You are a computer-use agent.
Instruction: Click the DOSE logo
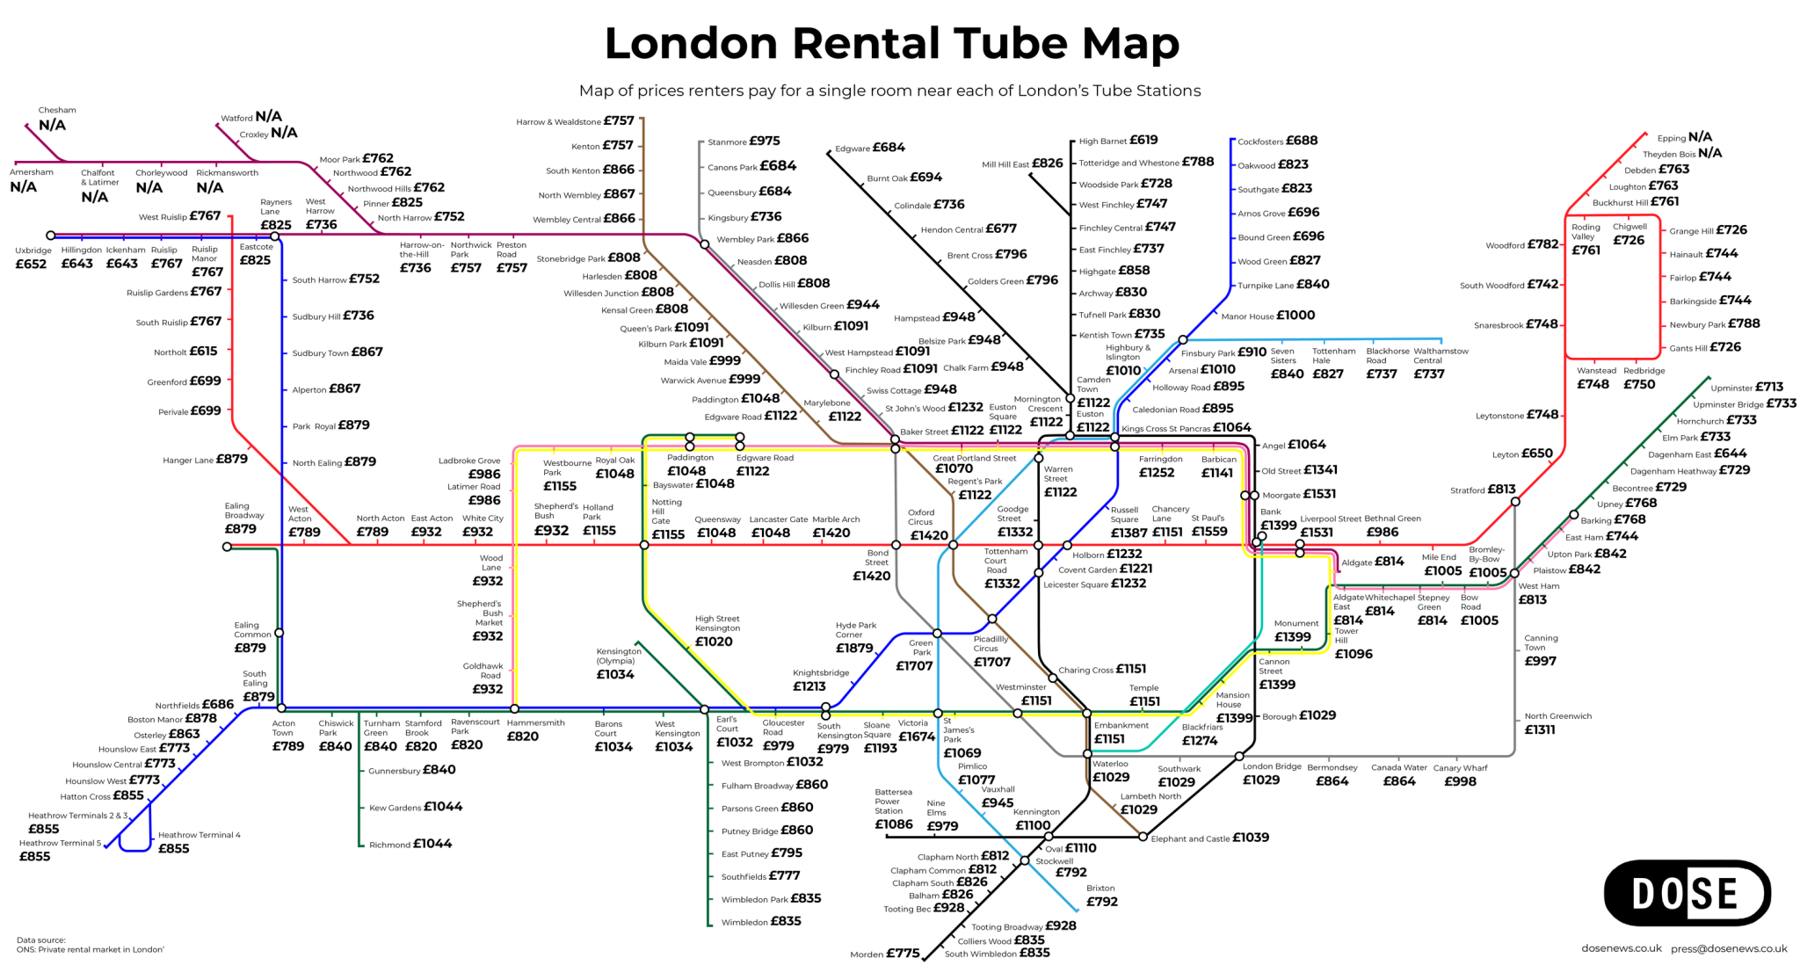coord(1686,893)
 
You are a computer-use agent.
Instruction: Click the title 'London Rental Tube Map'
coord(891,43)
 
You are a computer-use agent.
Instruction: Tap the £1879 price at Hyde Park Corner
coord(853,649)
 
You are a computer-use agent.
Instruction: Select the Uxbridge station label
coord(33,250)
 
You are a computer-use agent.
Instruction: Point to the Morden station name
coord(867,954)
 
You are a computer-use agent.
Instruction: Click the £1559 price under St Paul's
coord(1209,532)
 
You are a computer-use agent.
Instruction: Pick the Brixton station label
coord(1100,889)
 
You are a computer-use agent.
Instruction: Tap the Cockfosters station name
coord(1261,142)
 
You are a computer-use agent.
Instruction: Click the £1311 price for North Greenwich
coord(1539,729)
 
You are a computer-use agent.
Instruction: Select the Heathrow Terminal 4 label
coord(199,835)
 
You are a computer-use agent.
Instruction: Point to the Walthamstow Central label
coord(1441,356)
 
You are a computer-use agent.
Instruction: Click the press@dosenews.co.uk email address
coord(1729,948)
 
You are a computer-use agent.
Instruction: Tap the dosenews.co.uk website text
coord(1622,948)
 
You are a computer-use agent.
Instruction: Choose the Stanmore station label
coord(727,142)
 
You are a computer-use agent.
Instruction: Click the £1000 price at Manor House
coord(1296,316)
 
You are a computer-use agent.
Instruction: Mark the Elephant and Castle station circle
coord(1143,837)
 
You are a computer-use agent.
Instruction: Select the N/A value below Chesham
coord(52,126)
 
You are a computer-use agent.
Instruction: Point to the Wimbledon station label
coord(744,923)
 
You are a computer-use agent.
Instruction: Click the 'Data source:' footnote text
coord(40,940)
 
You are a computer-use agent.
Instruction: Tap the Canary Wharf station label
coord(1460,768)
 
